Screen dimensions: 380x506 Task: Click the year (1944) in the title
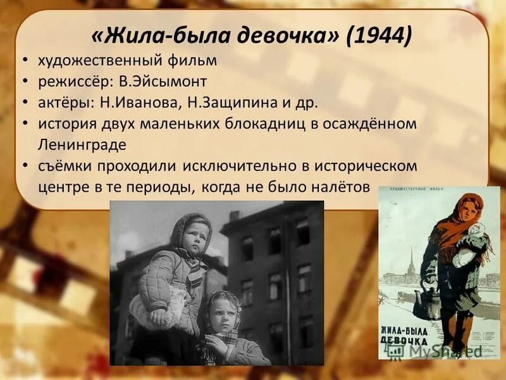(379, 35)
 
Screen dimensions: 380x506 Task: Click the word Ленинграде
(82, 144)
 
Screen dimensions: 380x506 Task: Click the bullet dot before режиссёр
(23, 82)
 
